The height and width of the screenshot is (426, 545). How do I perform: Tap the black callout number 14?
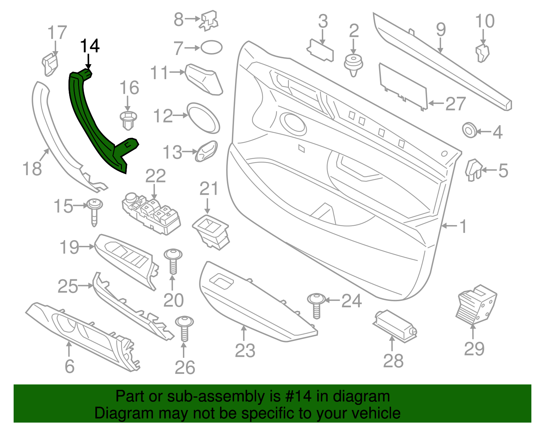pos(90,46)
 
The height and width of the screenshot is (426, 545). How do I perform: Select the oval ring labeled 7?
pos(212,47)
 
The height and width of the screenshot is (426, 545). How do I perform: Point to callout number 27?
pos(455,104)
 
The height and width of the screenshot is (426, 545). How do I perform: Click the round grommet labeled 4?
pos(470,131)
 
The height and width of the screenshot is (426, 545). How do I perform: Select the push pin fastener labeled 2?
pos(353,65)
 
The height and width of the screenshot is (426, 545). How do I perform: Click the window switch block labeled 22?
pos(151,214)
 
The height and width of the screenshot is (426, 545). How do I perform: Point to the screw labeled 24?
pos(316,304)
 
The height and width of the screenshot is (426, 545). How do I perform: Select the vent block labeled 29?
pos(476,304)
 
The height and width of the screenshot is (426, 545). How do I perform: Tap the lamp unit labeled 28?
pos(395,325)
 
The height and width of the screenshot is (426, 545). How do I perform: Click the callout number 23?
pos(245,350)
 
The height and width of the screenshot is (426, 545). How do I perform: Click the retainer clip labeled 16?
pos(128,120)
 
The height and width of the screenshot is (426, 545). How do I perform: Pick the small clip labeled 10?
pos(482,53)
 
